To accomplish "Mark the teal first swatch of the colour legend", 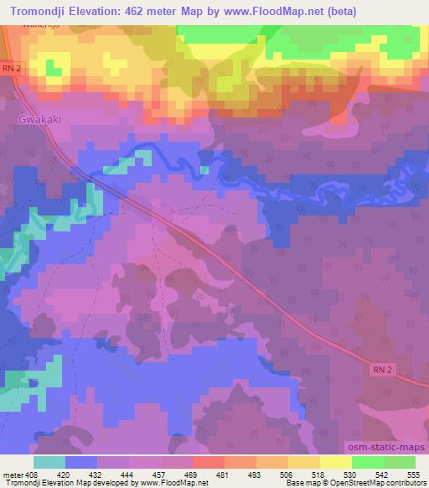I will [x=49, y=461].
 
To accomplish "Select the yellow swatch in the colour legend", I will [x=336, y=461].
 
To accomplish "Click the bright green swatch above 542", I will [x=368, y=461].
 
